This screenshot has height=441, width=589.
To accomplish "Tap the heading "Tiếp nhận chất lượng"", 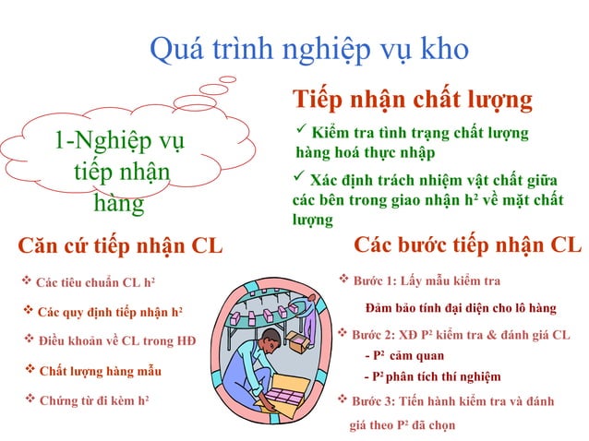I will pos(412,99).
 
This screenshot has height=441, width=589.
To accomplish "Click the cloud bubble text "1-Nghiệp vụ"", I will pos(119,141).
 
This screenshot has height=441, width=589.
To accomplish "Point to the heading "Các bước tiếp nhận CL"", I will pos(468,244).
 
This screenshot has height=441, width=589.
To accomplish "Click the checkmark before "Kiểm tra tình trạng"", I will pos(299,132).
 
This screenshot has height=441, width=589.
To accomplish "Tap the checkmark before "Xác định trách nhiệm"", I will pos(299,176).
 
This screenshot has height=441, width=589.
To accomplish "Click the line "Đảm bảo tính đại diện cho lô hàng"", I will pos(461,306).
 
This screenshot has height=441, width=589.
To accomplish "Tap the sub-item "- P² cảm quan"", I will pos(404,355).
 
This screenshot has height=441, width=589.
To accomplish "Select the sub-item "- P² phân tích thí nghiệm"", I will pos(433,376).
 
